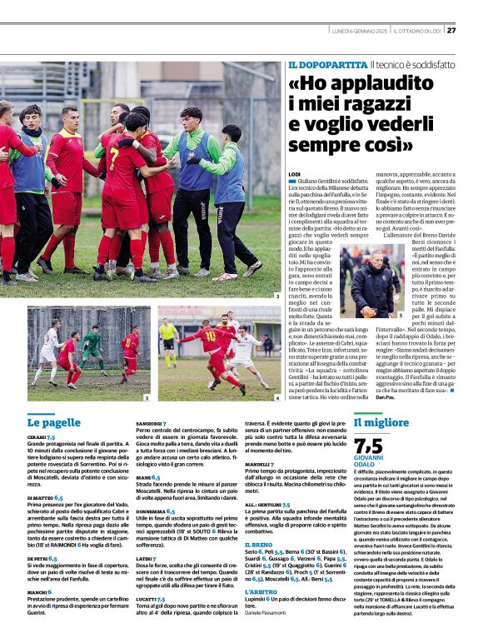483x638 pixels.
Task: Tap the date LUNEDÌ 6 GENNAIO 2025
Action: [x=358, y=31]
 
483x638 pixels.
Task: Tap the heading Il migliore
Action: [x=381, y=422]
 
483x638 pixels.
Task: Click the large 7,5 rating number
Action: [x=369, y=446]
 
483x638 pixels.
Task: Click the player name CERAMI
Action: [x=37, y=436]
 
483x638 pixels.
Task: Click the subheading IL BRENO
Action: [x=259, y=544]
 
